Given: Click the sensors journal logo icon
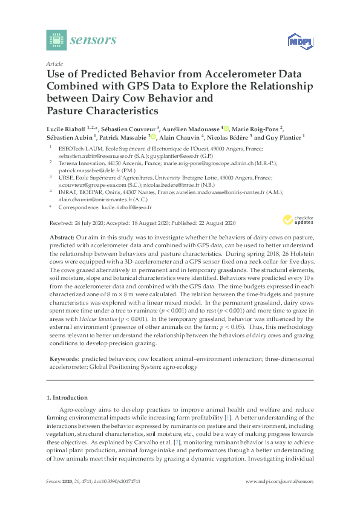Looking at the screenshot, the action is point(56,39).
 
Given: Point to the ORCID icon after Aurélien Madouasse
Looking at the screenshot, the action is point(225,128).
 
